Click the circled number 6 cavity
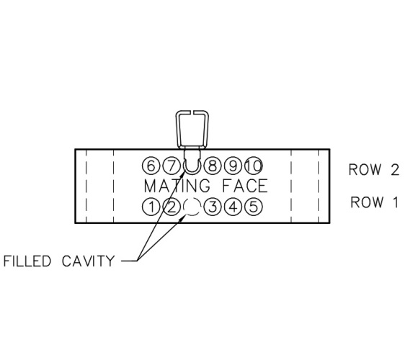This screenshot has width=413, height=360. tap(151, 166)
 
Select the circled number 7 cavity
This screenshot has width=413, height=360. tap(172, 166)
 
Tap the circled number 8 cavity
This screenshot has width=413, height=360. tap(213, 166)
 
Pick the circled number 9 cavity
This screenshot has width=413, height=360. tap(233, 166)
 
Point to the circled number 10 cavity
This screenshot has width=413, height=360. tap(254, 166)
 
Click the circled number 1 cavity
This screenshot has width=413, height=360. tap(151, 207)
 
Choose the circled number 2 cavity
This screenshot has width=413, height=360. tap(172, 207)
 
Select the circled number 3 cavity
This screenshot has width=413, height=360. tap(213, 207)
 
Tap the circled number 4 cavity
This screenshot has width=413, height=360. tap(233, 207)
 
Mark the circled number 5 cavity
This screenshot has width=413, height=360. tap(254, 207)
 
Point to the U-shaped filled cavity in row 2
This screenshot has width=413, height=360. tap(192, 174)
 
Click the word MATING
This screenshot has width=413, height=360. tap(177, 186)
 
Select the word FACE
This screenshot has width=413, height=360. tap(245, 186)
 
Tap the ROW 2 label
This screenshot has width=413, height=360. tap(374, 169)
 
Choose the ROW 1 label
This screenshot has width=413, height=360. tap(374, 202)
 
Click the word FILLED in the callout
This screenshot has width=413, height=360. tap(27, 261)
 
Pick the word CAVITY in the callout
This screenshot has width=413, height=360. tap(88, 261)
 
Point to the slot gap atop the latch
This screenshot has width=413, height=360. tap(192, 112)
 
